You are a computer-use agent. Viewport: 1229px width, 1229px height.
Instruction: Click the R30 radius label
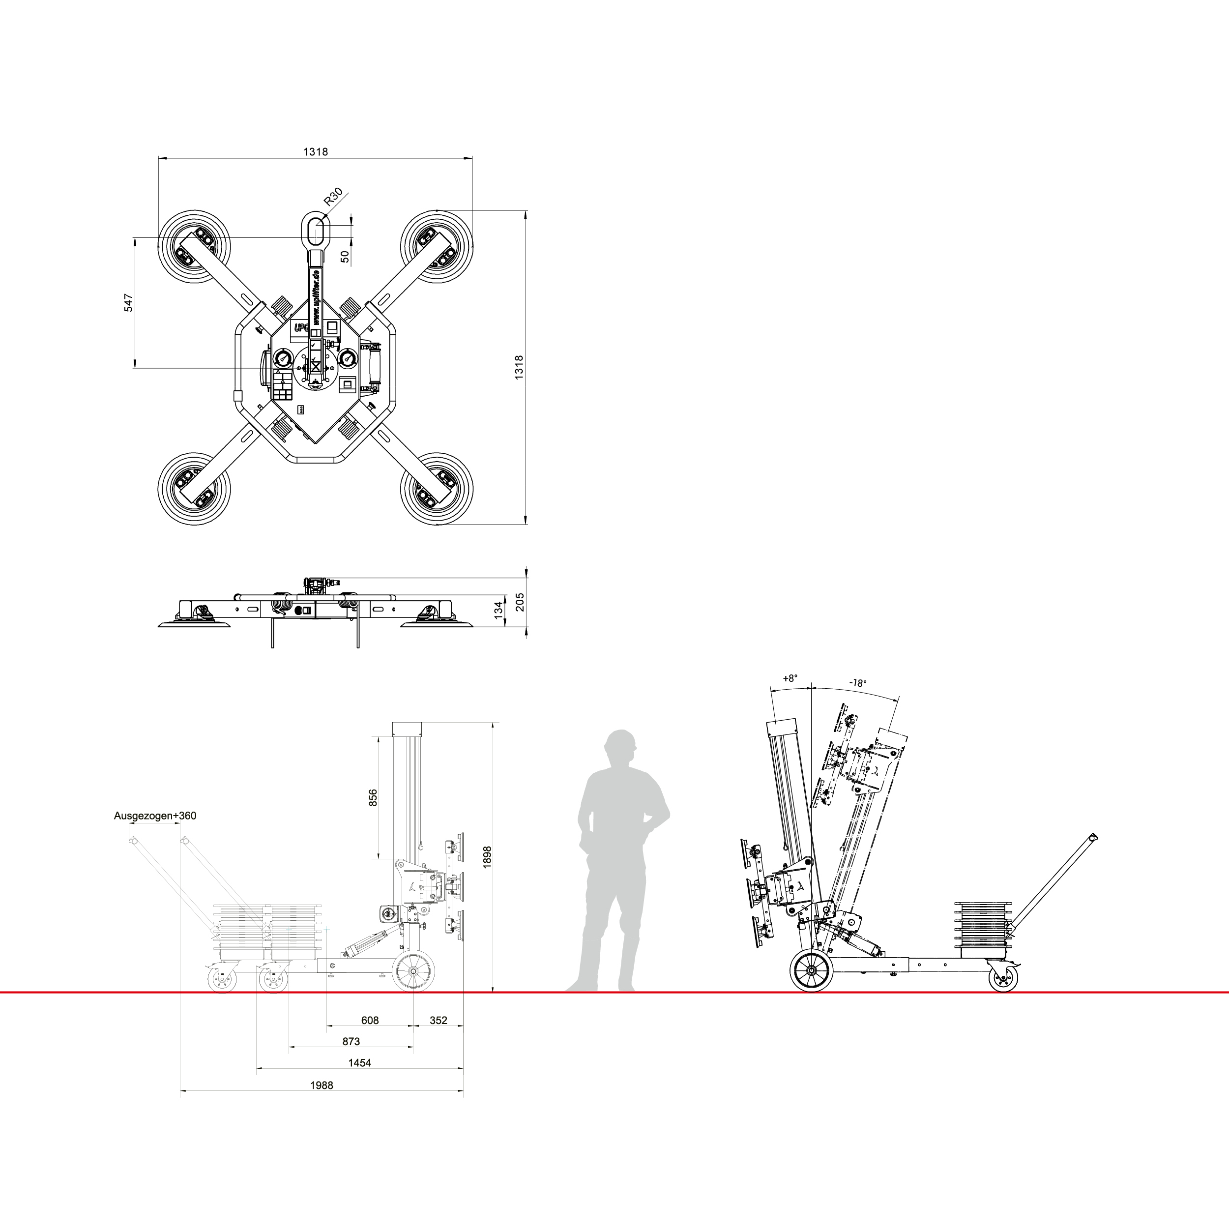click(333, 197)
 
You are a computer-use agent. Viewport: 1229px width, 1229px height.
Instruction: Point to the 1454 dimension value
click(359, 1062)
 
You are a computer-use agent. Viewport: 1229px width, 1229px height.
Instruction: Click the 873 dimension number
click(351, 1041)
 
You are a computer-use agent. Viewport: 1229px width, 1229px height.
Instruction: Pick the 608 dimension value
click(370, 1021)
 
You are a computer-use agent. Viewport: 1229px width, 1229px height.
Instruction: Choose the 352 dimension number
click(439, 1021)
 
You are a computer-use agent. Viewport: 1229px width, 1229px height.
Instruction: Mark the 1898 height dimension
click(487, 857)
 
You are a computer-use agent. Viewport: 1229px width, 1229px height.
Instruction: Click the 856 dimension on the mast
click(374, 798)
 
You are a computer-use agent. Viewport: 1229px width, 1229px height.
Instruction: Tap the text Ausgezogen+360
click(155, 816)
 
